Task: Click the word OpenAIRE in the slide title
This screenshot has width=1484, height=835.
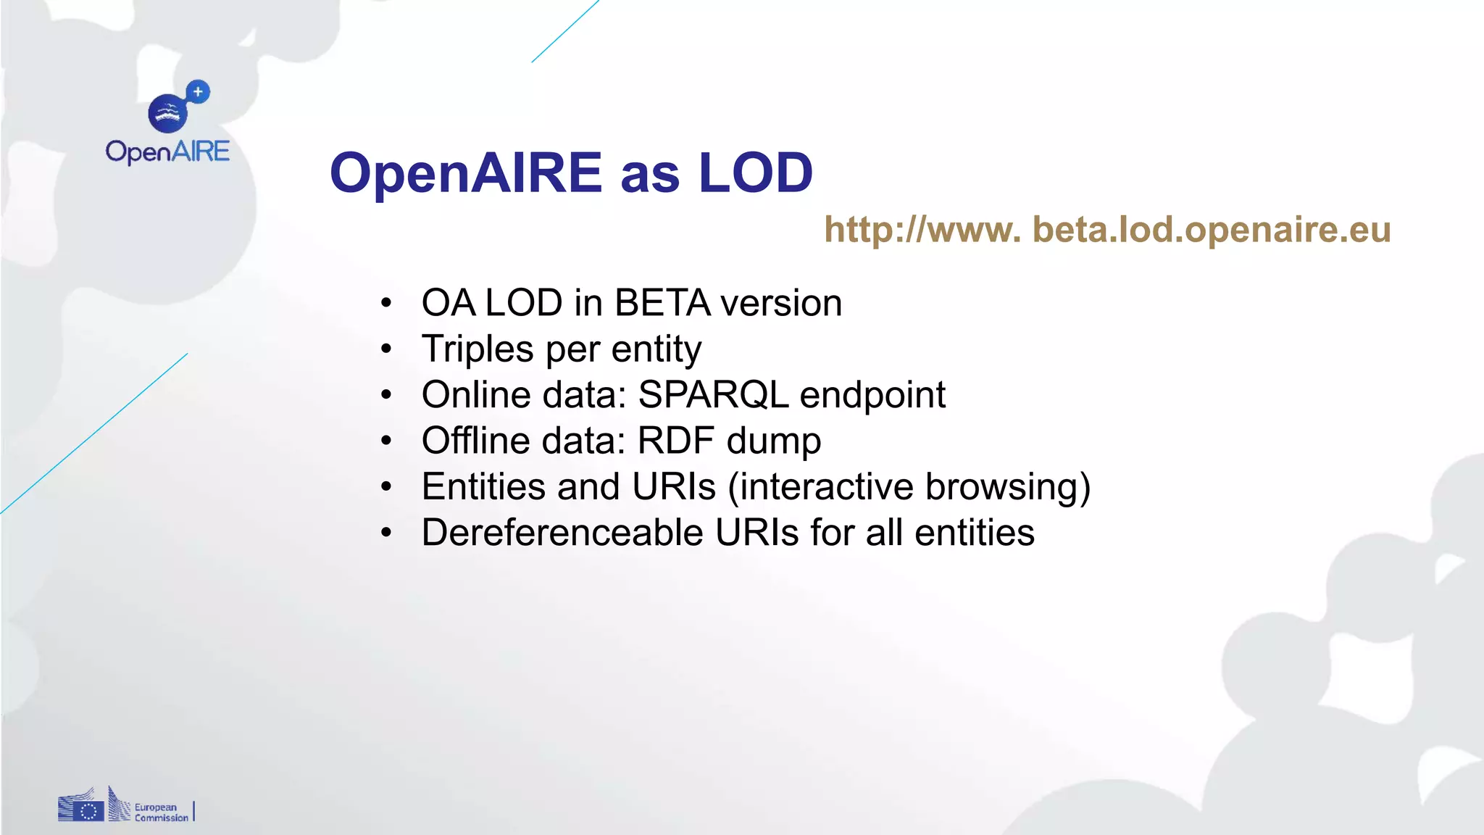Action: [465, 173]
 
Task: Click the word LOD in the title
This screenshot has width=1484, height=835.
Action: [755, 173]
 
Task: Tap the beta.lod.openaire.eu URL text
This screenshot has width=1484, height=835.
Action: [1107, 230]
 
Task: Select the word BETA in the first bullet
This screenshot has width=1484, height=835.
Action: [662, 303]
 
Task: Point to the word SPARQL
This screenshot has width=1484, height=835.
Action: [713, 395]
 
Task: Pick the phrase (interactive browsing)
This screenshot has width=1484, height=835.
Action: [909, 487]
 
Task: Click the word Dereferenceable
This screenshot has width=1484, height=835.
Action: [562, 533]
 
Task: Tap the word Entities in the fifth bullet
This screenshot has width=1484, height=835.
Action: [483, 487]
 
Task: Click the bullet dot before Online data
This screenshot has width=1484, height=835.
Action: [386, 396]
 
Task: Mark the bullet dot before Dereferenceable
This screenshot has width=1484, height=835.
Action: [386, 533]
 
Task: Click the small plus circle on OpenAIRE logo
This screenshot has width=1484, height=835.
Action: [198, 92]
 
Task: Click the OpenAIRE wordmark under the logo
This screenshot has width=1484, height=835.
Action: [167, 152]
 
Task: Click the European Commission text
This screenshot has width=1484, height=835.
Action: [161, 813]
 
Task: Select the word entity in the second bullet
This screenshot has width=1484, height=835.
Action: [656, 350]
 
